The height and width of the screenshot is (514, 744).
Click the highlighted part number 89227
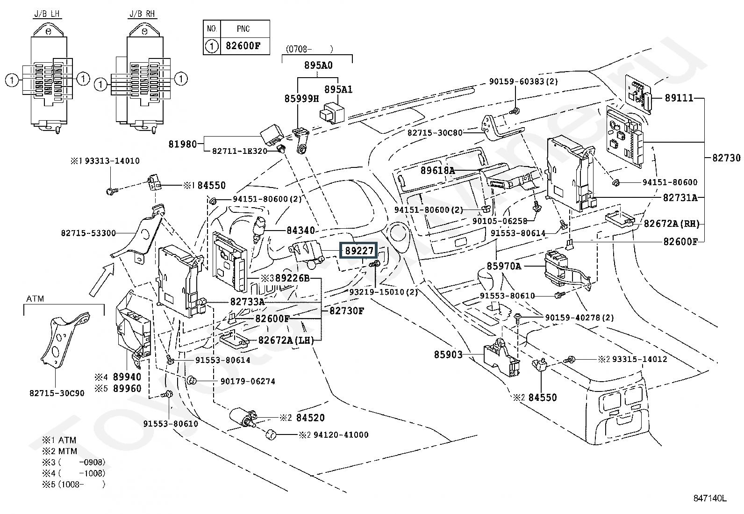pos(359,250)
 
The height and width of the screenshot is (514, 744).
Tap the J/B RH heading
pos(142,14)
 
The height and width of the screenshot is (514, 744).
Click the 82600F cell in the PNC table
pos(243,46)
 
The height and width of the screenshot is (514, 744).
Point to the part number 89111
pos(679,98)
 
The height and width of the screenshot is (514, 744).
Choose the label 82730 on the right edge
pos(726,158)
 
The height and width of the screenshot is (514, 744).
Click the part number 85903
pos(448,355)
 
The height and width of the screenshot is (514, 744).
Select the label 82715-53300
pos(88,233)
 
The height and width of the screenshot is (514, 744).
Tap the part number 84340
pos(300,230)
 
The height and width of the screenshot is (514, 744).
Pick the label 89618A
pos(437,170)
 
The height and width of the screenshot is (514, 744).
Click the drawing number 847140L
pos(710,499)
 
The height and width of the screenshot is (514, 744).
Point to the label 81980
pos(182,145)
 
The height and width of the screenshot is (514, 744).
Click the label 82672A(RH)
pos(672,224)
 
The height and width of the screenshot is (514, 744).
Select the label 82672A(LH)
pos(286,340)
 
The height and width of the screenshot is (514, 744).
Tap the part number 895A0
pos(318,65)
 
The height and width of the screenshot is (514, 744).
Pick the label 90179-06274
pos(248,381)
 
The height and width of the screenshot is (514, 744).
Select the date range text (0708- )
pos(309,49)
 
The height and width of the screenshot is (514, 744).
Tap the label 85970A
pos(504,266)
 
